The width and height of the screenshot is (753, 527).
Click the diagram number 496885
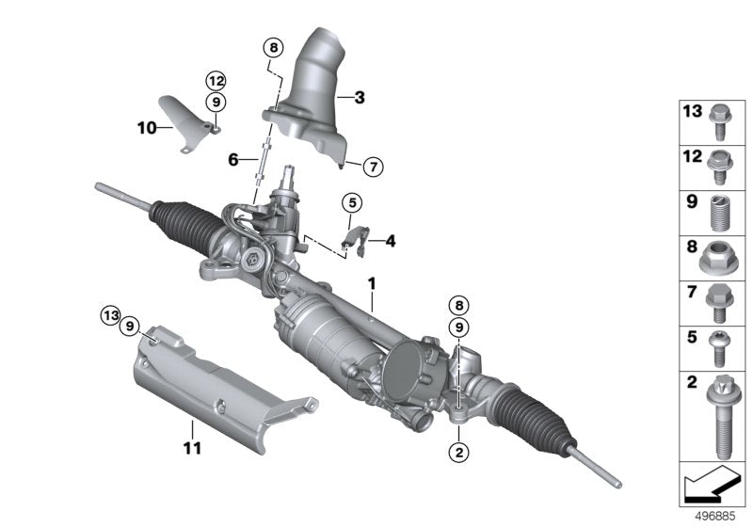click(x=717, y=517)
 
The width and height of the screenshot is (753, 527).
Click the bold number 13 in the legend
click(x=693, y=112)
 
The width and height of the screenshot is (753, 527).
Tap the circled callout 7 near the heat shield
click(x=371, y=168)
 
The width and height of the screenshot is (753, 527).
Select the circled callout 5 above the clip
click(x=351, y=201)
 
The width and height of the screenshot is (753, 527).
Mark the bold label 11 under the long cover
click(x=192, y=447)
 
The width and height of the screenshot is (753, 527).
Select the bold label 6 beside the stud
click(x=232, y=161)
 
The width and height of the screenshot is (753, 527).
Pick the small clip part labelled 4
click(x=353, y=240)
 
